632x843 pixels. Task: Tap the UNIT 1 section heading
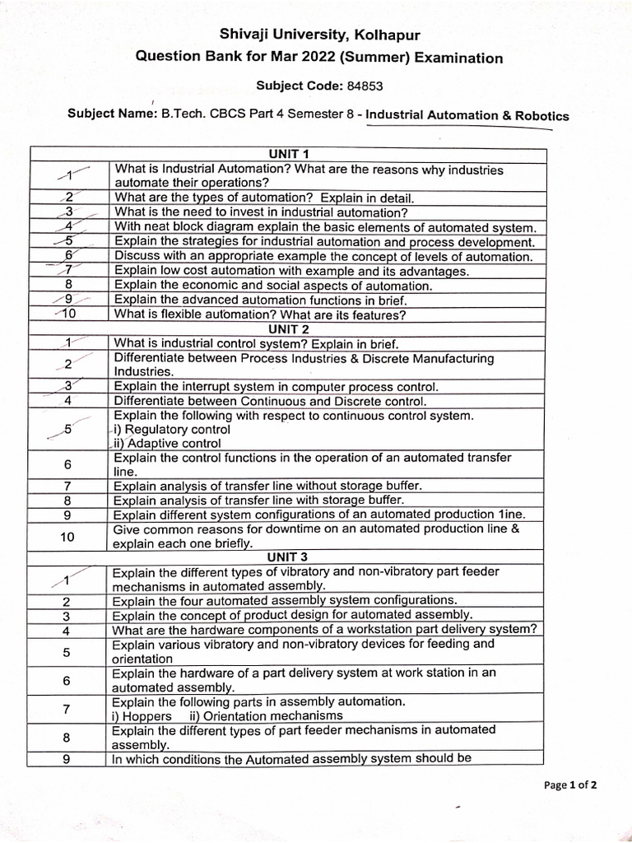point(287,153)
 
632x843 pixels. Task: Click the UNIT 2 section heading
point(287,329)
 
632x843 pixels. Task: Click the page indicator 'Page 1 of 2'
point(570,785)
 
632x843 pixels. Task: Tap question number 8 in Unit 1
point(69,286)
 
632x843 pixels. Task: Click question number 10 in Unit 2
point(67,537)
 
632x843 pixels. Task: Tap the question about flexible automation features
point(260,315)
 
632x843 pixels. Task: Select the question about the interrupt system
point(276,386)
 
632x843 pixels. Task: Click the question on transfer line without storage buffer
point(267,486)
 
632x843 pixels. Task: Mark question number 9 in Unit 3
point(66,760)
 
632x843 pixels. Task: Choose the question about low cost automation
point(291,271)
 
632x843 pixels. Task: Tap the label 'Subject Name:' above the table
point(111,114)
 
